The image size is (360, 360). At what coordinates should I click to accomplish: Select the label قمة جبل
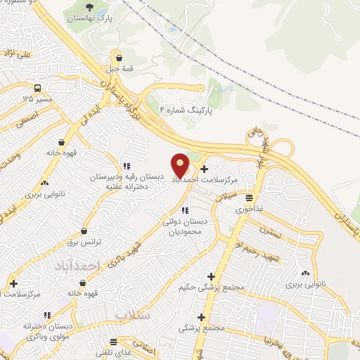pos(119,69)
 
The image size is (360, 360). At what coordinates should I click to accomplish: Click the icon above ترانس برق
pos(84,229)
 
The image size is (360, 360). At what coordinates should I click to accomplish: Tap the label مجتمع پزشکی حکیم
pos(211,288)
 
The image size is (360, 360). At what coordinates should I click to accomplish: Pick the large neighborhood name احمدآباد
pos(82,265)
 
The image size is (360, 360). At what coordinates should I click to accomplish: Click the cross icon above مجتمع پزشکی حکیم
pos(211,276)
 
